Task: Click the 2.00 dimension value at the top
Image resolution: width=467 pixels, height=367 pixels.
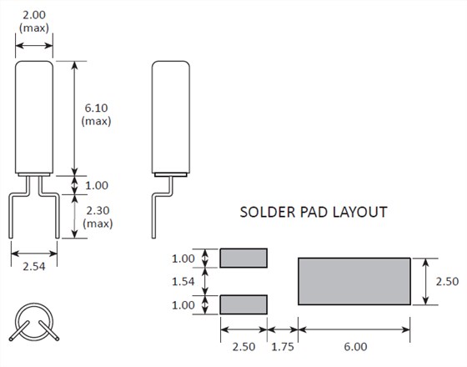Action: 34,15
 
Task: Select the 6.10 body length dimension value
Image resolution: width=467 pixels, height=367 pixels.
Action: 96,108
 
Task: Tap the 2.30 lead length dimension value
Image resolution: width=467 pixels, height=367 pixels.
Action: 98,210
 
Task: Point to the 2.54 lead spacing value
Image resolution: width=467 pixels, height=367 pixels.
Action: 34,266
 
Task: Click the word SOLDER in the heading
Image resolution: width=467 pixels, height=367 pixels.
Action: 268,213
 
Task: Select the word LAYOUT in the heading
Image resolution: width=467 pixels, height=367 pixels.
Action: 359,213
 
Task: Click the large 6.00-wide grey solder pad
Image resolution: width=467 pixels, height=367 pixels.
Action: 354,282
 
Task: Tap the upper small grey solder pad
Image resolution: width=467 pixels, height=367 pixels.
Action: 244,258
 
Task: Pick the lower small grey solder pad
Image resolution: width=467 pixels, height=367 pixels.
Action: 244,304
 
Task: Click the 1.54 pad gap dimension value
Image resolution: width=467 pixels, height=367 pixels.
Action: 183,282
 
